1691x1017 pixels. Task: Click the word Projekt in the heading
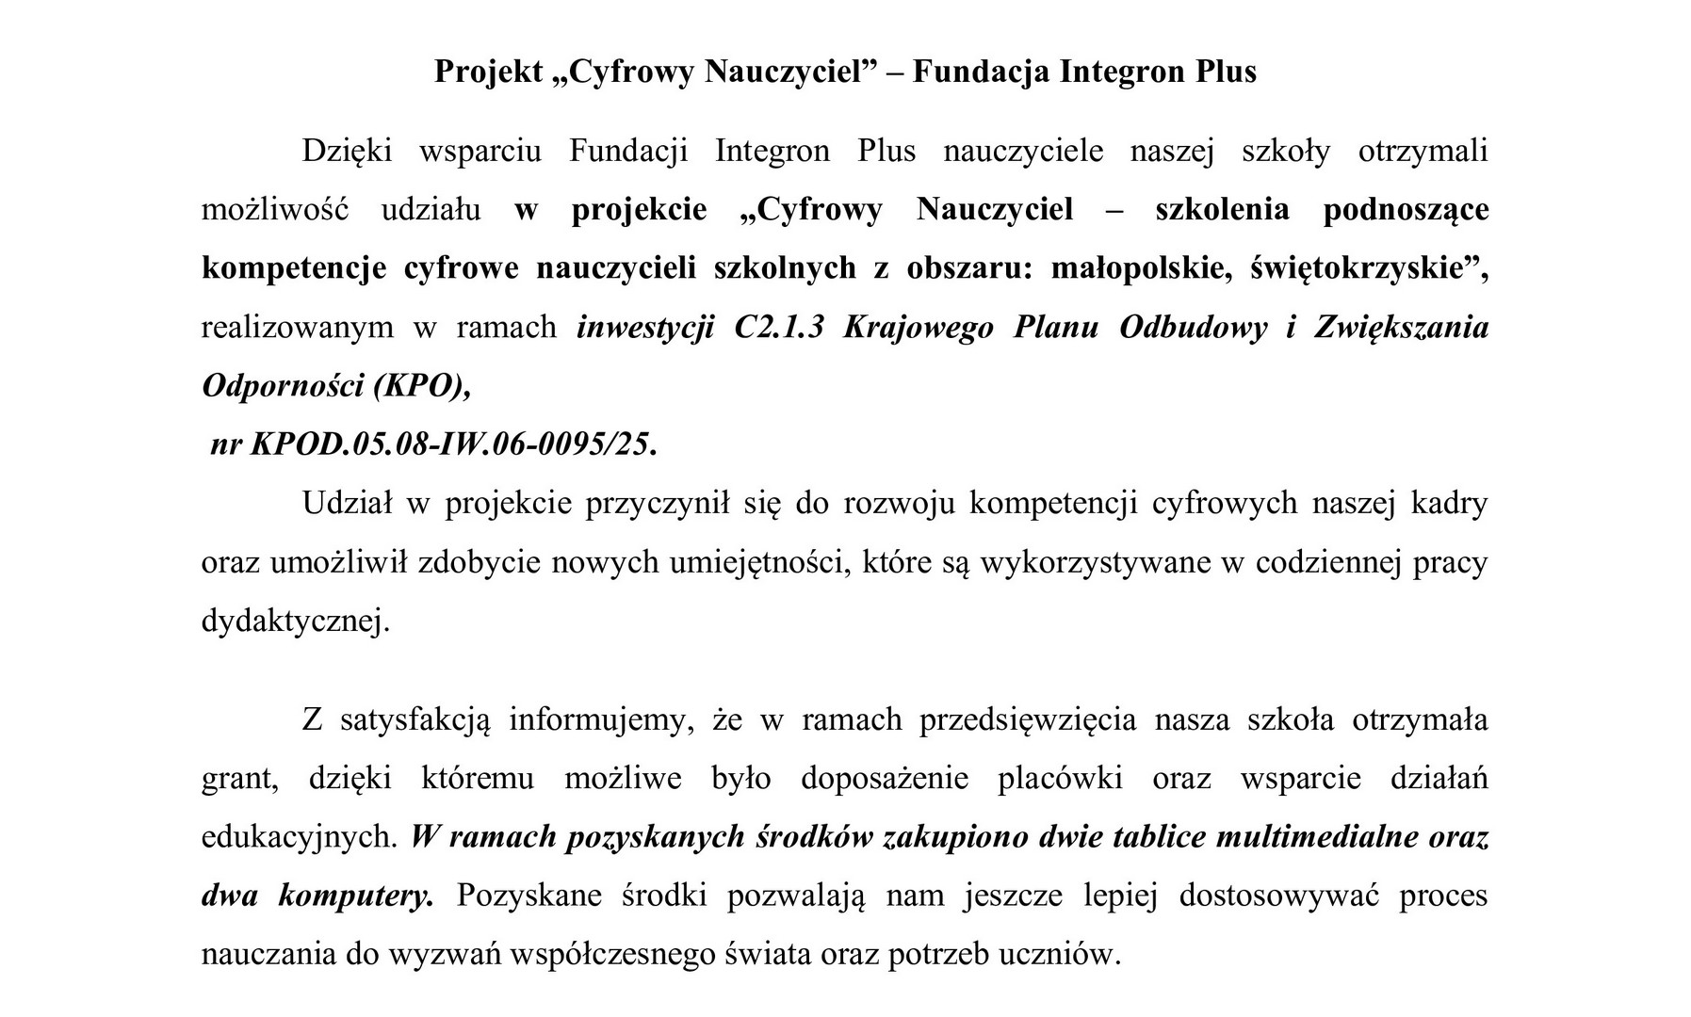click(x=489, y=72)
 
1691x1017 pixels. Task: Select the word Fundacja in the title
click(x=980, y=72)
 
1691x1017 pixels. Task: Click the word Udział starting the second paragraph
click(x=347, y=504)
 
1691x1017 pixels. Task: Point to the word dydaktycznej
click(x=294, y=621)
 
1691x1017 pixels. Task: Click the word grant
click(x=238, y=779)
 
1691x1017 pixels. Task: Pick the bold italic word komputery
click(x=356, y=896)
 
